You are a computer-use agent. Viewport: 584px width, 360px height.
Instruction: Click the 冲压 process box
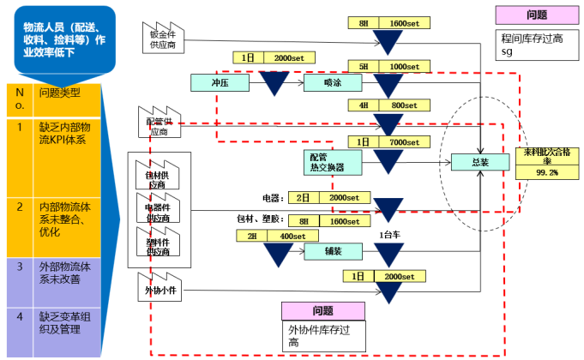(219, 81)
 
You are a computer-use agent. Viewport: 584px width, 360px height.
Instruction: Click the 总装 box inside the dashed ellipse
(480, 162)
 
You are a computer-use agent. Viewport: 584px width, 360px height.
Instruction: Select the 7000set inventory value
(405, 141)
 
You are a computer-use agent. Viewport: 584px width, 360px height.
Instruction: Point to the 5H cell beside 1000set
(363, 66)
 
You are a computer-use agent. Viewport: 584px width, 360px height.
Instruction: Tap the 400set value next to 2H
(293, 236)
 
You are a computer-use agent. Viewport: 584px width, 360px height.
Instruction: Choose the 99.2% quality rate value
(547, 172)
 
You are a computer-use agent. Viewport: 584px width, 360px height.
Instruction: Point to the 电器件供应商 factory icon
(158, 210)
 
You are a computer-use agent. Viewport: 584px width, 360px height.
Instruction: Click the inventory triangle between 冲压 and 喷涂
(274, 83)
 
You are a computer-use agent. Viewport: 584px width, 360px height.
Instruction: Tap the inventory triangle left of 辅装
(277, 254)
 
